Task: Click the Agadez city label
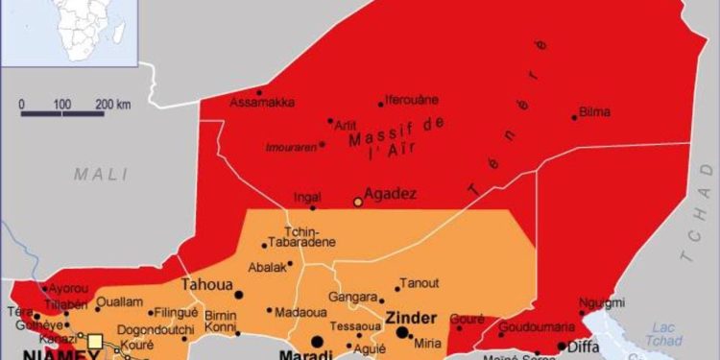click(392, 194)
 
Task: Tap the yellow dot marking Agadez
click(358, 202)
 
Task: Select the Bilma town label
click(596, 112)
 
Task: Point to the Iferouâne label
click(411, 99)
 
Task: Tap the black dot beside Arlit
click(330, 122)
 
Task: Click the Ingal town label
click(307, 198)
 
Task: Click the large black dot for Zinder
click(403, 333)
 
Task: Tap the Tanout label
click(420, 282)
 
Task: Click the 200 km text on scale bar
click(112, 103)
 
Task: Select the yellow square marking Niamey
click(95, 341)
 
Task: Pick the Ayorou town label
click(68, 288)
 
